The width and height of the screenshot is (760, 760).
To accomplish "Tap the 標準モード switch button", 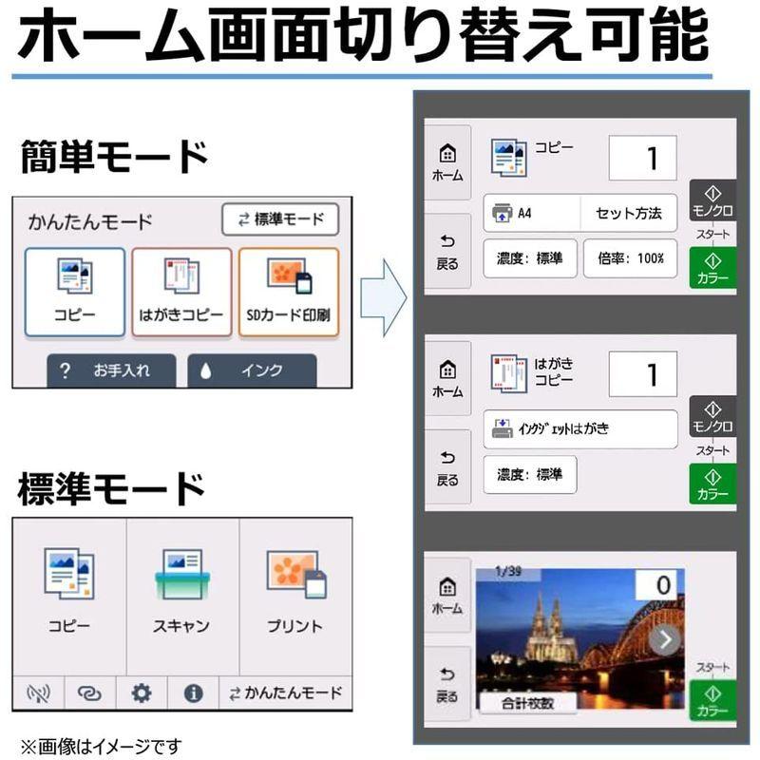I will (x=280, y=219).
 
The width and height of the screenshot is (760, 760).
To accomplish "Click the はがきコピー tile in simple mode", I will (x=181, y=292).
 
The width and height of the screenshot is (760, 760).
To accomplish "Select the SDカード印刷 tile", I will (x=289, y=292).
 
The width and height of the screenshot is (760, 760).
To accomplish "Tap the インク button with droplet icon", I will (x=252, y=370).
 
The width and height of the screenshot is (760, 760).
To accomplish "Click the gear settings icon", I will (x=142, y=693).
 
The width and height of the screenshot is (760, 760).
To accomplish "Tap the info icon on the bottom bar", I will (x=194, y=693).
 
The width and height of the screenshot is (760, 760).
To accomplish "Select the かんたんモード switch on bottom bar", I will (x=286, y=693).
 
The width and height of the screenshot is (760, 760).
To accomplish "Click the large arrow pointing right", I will (x=385, y=300).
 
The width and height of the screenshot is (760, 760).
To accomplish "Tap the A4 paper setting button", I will (x=532, y=213).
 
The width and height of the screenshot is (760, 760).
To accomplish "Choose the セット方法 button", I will (x=629, y=213).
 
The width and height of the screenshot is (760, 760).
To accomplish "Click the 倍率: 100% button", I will (x=630, y=258).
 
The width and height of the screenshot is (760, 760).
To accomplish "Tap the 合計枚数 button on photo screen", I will (x=528, y=703).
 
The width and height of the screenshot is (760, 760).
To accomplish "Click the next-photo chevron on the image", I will (x=664, y=639).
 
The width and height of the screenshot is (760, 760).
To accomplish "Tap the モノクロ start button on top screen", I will (x=712, y=201).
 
